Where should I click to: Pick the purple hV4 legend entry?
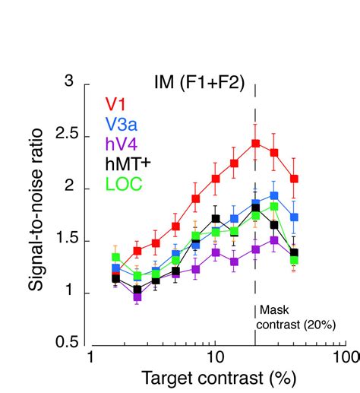pyautogui.click(x=121, y=145)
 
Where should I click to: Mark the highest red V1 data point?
pyautogui.click(x=256, y=143)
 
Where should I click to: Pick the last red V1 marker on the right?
pyautogui.click(x=294, y=179)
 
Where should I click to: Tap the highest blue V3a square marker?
pyautogui.click(x=274, y=195)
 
